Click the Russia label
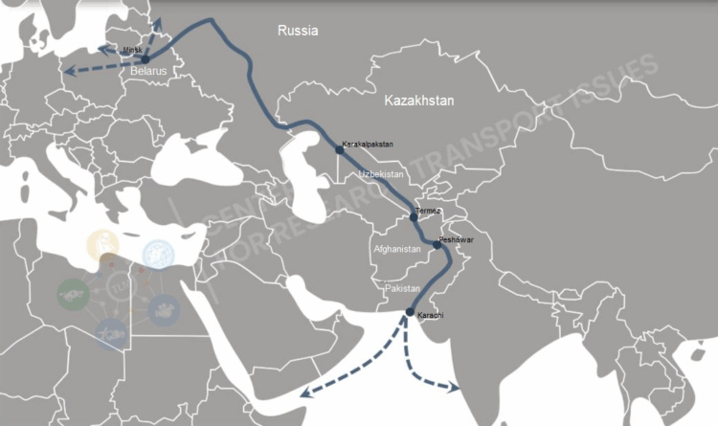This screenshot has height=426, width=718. click(x=297, y=31)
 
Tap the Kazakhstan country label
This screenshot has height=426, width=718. click(x=418, y=101)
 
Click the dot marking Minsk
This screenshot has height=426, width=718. click(x=146, y=58)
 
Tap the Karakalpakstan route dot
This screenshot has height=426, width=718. click(x=338, y=150)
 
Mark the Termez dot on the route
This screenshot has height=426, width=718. click(x=414, y=217)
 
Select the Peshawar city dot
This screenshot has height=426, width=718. click(x=437, y=245)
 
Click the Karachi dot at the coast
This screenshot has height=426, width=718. click(x=410, y=312)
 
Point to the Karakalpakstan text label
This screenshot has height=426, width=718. click(x=368, y=145)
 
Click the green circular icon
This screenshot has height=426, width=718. click(x=73, y=291)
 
